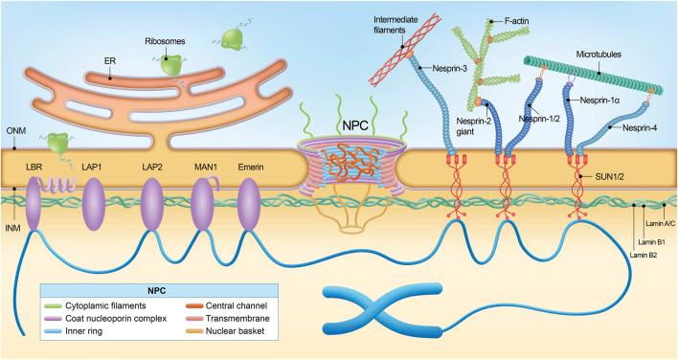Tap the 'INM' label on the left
click(13, 228)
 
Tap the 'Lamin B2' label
click(644, 255)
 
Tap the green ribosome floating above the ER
click(231, 39)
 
